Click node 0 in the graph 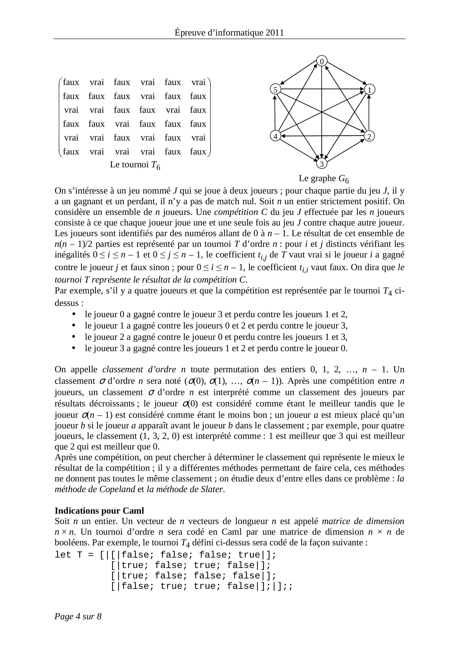(322, 61)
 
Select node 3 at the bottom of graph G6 (322, 164)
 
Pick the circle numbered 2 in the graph (369, 136)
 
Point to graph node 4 (275, 136)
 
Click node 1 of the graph (369, 90)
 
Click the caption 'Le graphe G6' (324, 179)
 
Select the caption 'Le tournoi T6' (135, 165)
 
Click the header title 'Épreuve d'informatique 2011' (229, 33)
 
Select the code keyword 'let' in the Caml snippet (63, 555)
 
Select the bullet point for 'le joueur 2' (74, 337)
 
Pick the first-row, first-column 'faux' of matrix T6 (71, 82)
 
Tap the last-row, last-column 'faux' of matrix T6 (198, 152)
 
